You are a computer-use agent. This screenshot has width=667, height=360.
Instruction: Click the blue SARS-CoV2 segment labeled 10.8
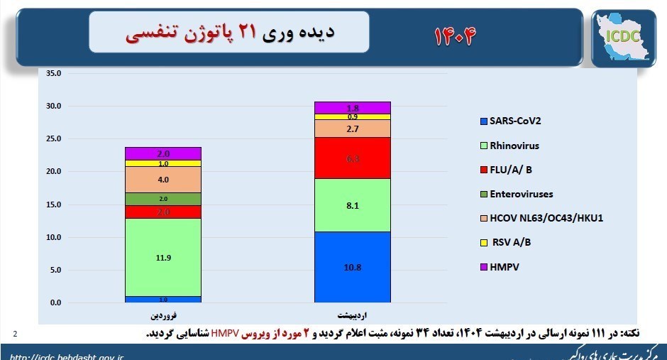point(353,267)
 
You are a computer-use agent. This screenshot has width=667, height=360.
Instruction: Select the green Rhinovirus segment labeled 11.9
point(163,257)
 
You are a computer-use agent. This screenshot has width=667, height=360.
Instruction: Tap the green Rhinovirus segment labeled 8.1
point(353,205)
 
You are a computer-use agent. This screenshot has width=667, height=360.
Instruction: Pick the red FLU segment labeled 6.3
point(353,158)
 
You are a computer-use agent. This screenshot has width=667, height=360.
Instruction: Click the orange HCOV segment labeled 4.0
point(163,180)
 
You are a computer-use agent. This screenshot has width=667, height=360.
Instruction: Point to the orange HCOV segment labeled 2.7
point(353,129)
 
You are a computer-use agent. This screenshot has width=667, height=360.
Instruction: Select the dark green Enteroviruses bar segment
point(163,199)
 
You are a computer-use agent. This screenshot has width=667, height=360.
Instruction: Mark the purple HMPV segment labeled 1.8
point(353,108)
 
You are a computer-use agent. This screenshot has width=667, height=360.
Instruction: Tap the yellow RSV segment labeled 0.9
point(353,116)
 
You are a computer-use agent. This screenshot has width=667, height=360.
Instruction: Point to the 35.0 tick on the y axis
point(54,73)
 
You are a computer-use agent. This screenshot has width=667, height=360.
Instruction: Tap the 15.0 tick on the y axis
point(54,204)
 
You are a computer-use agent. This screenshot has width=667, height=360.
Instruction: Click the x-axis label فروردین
point(163,313)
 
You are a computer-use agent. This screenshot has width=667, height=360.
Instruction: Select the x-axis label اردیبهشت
point(353,313)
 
